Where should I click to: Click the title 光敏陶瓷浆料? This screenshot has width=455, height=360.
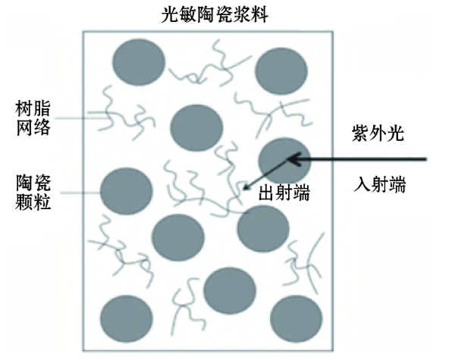[215, 14]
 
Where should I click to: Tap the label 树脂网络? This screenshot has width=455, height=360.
[33, 118]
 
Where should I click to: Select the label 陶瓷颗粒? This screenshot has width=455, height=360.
[33, 193]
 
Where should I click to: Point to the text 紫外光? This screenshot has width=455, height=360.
[378, 133]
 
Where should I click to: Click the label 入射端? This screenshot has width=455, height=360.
[380, 184]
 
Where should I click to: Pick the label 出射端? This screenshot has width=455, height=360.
[284, 193]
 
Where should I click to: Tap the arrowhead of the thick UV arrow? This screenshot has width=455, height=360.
[293, 159]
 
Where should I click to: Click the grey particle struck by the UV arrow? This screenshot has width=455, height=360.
[284, 161]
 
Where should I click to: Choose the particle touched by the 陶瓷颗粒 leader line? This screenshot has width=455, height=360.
[126, 191]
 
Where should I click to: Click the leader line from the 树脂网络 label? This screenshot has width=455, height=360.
[82, 118]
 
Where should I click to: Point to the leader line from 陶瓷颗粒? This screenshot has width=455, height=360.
[80, 193]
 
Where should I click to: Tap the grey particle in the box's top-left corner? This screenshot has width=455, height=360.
[139, 62]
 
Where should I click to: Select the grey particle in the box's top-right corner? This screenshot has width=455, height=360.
[281, 71]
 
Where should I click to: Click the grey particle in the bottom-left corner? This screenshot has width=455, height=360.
[126, 319]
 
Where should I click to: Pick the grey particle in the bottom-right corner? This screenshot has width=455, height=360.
[296, 319]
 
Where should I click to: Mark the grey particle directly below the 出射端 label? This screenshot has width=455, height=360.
[263, 229]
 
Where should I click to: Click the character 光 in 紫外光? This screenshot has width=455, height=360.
[395, 133]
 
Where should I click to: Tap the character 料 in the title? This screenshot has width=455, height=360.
[259, 14]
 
